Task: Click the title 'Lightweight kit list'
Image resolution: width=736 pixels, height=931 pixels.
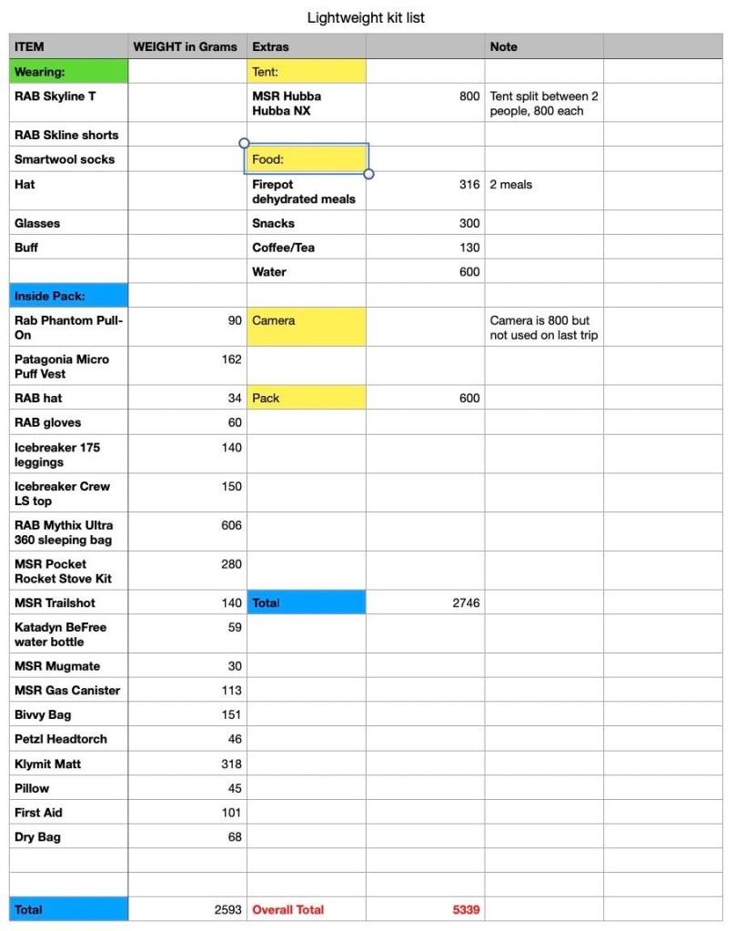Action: [366, 17]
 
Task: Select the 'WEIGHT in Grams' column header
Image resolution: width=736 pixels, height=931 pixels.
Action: [186, 46]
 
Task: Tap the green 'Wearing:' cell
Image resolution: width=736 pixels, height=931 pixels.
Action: [69, 71]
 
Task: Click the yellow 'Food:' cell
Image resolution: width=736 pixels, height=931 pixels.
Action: [306, 158]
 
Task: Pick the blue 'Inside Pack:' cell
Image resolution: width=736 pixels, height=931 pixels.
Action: [69, 296]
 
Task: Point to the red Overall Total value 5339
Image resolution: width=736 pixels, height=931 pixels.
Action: [466, 909]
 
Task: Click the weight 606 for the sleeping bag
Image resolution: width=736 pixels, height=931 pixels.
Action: [231, 525]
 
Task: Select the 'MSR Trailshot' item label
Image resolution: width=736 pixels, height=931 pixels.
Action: [55, 602]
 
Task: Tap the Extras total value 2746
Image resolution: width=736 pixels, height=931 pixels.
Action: [466, 602]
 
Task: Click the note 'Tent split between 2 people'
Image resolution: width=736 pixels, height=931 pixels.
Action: [543, 103]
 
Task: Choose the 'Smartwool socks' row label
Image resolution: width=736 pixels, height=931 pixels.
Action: [65, 159]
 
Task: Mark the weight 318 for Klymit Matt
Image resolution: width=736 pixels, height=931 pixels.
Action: [231, 764]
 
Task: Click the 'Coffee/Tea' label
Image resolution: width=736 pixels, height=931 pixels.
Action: [284, 248]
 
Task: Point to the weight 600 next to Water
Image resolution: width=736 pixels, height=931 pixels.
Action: [469, 272]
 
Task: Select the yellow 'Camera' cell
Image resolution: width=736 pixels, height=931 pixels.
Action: [306, 326]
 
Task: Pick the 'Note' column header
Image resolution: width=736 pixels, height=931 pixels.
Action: [503, 46]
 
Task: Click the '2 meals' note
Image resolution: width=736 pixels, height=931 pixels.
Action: [511, 185]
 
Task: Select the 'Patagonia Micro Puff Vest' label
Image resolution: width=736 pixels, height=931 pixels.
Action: [62, 366]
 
